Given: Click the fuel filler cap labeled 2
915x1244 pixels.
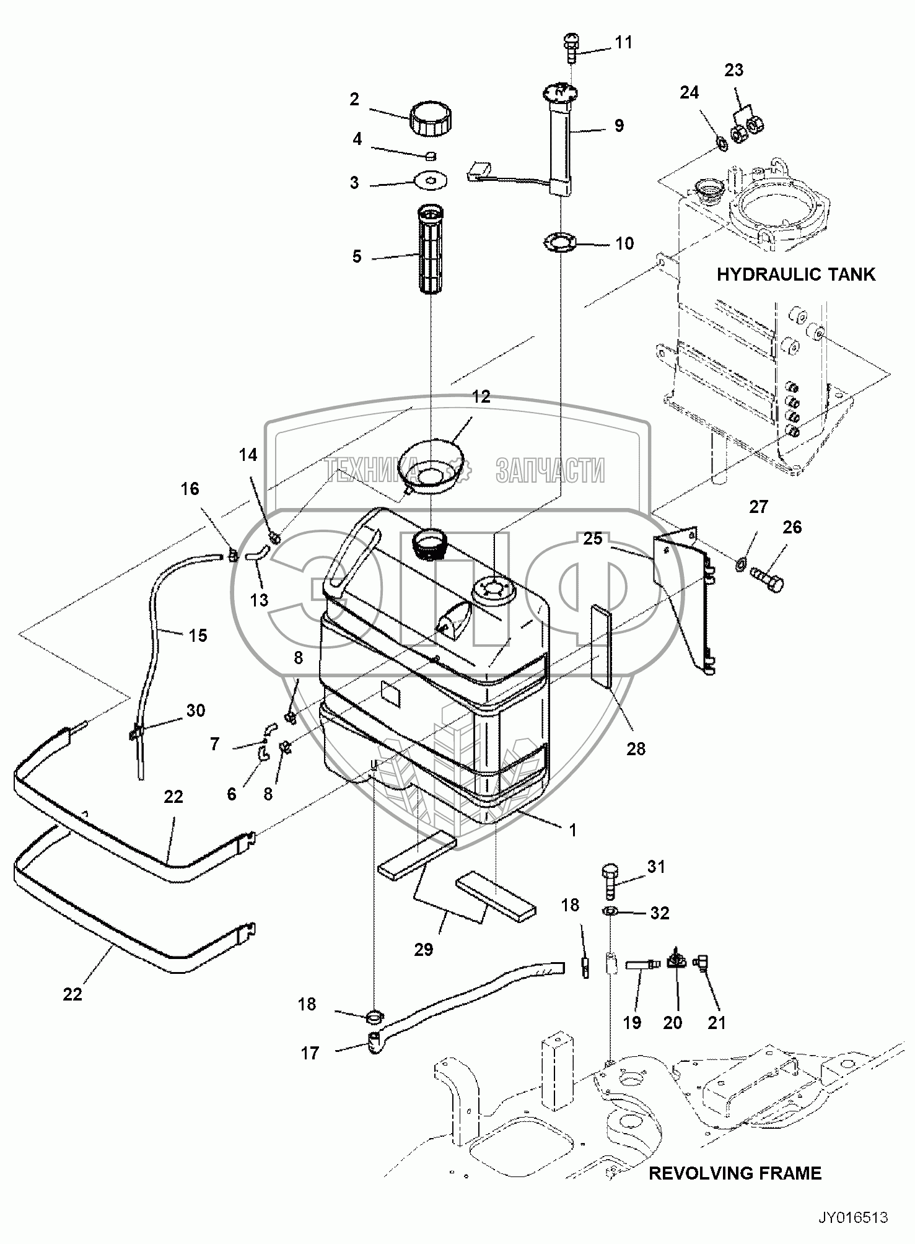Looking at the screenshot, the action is (x=430, y=120).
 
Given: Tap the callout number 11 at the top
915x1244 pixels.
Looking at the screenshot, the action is (x=623, y=42).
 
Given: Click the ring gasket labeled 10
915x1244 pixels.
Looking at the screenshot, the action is (x=559, y=241).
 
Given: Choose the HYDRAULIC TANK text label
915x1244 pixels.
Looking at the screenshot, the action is (x=796, y=274).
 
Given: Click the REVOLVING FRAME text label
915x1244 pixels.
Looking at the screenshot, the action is (x=735, y=1173).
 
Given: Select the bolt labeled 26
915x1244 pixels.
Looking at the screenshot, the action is (x=767, y=579).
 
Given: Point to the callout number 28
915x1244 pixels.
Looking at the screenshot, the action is (x=636, y=749).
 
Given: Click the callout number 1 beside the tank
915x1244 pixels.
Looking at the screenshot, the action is (x=573, y=830).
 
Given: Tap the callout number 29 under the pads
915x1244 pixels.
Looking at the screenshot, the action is (x=424, y=949).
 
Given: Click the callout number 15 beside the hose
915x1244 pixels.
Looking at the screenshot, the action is (x=198, y=635).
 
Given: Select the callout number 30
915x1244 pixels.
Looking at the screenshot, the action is (x=196, y=710).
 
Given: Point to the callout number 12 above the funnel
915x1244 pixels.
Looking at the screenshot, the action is (x=481, y=396).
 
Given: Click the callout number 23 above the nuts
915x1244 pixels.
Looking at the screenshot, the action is (x=734, y=70).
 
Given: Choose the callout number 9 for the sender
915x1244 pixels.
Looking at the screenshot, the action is (x=619, y=125).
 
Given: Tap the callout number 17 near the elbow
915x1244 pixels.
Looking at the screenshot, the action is (x=310, y=1053).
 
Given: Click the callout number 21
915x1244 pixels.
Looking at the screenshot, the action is (x=716, y=1022).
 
